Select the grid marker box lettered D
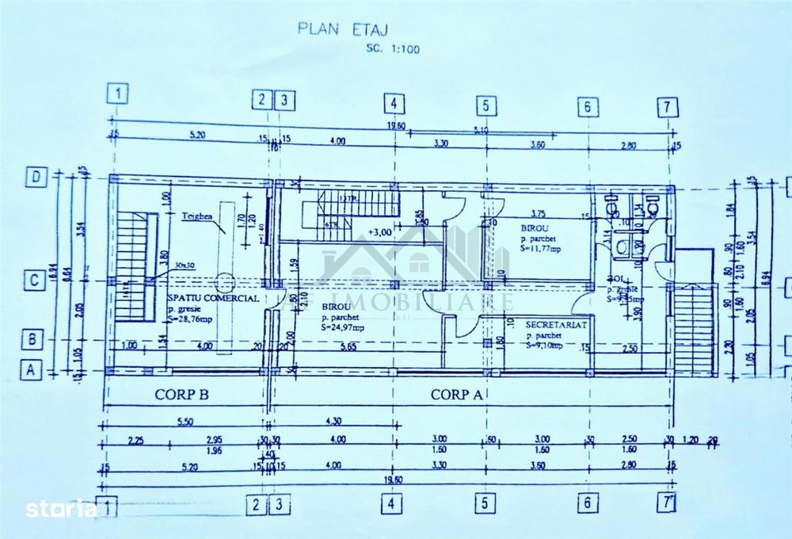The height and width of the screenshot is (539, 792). (36, 176)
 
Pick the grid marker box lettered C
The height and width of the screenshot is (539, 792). (34, 281)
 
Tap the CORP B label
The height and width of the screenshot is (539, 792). (181, 394)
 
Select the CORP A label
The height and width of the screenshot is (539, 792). (457, 394)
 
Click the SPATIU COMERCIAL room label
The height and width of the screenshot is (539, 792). (212, 297)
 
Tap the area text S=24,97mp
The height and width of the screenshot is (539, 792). (342, 327)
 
